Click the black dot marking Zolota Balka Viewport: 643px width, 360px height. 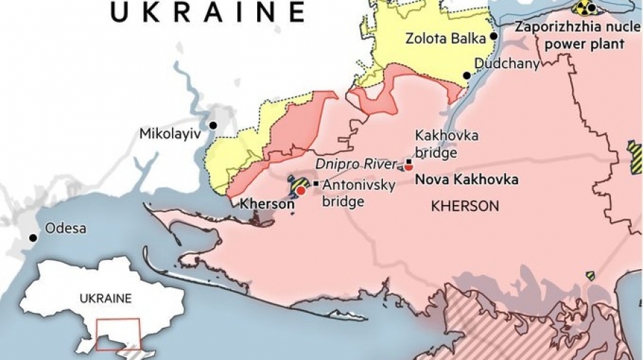pos(494,36)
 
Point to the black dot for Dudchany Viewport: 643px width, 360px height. pos(467,76)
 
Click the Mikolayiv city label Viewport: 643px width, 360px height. pos(169,134)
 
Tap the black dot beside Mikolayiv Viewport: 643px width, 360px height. pos(212,126)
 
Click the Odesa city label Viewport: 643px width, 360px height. pos(65,229)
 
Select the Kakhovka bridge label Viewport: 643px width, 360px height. pos(437,143)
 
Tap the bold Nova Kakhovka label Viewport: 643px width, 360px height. pos(466,179)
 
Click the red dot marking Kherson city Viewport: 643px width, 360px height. pos(301,191)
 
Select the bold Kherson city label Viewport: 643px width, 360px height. pos(266,204)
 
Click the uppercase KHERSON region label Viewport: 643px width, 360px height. pos(464,206)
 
